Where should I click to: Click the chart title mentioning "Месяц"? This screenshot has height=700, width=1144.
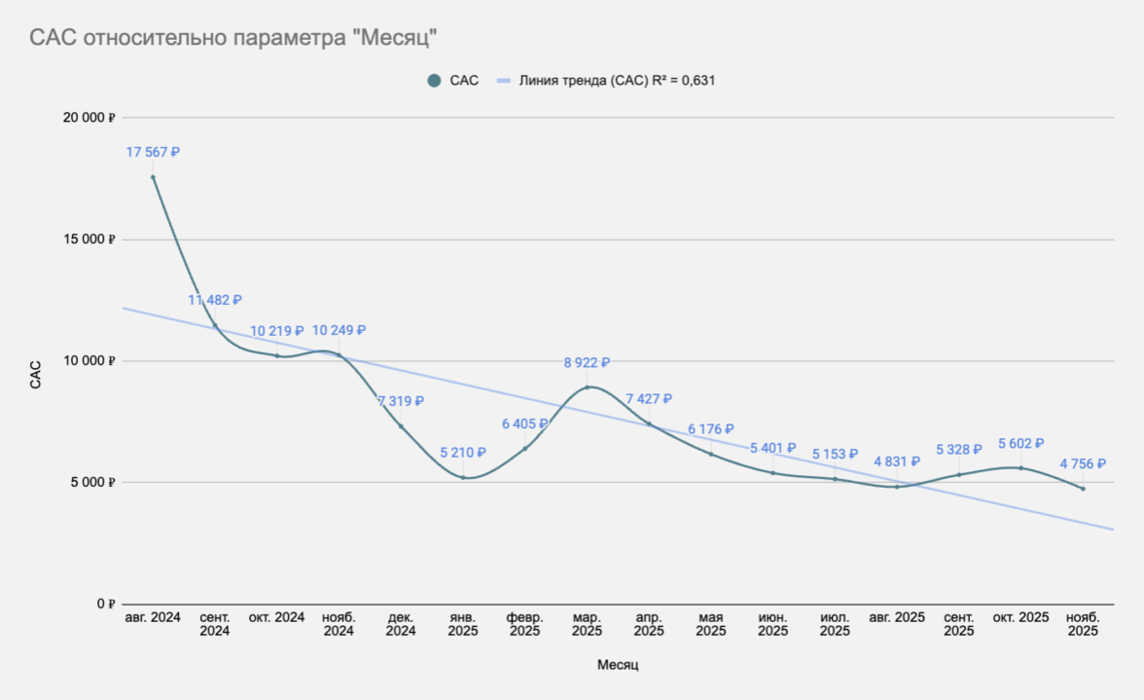click(x=232, y=37)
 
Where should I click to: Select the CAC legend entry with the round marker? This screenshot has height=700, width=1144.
click(x=453, y=81)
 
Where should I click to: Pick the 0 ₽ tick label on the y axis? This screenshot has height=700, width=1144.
click(x=105, y=604)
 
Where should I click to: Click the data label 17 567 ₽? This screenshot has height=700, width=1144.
click(x=153, y=153)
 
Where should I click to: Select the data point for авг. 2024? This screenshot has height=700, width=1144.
click(x=153, y=176)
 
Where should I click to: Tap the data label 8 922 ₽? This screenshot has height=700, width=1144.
click(x=587, y=363)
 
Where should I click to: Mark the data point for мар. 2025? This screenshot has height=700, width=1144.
click(x=587, y=387)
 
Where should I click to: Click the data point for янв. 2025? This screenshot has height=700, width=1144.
click(x=463, y=477)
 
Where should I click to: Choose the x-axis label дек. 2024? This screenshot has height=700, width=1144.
click(x=401, y=624)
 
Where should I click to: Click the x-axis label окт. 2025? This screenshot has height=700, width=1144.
click(x=1020, y=617)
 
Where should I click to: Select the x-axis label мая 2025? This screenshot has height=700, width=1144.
click(x=710, y=624)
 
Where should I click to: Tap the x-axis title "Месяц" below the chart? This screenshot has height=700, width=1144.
click(x=618, y=666)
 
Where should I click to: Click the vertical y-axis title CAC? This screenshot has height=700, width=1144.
click(x=36, y=375)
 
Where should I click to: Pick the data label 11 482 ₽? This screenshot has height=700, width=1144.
click(x=215, y=301)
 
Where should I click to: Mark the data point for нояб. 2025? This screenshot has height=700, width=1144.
click(x=1083, y=488)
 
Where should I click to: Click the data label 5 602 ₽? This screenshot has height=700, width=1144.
click(x=1020, y=444)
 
